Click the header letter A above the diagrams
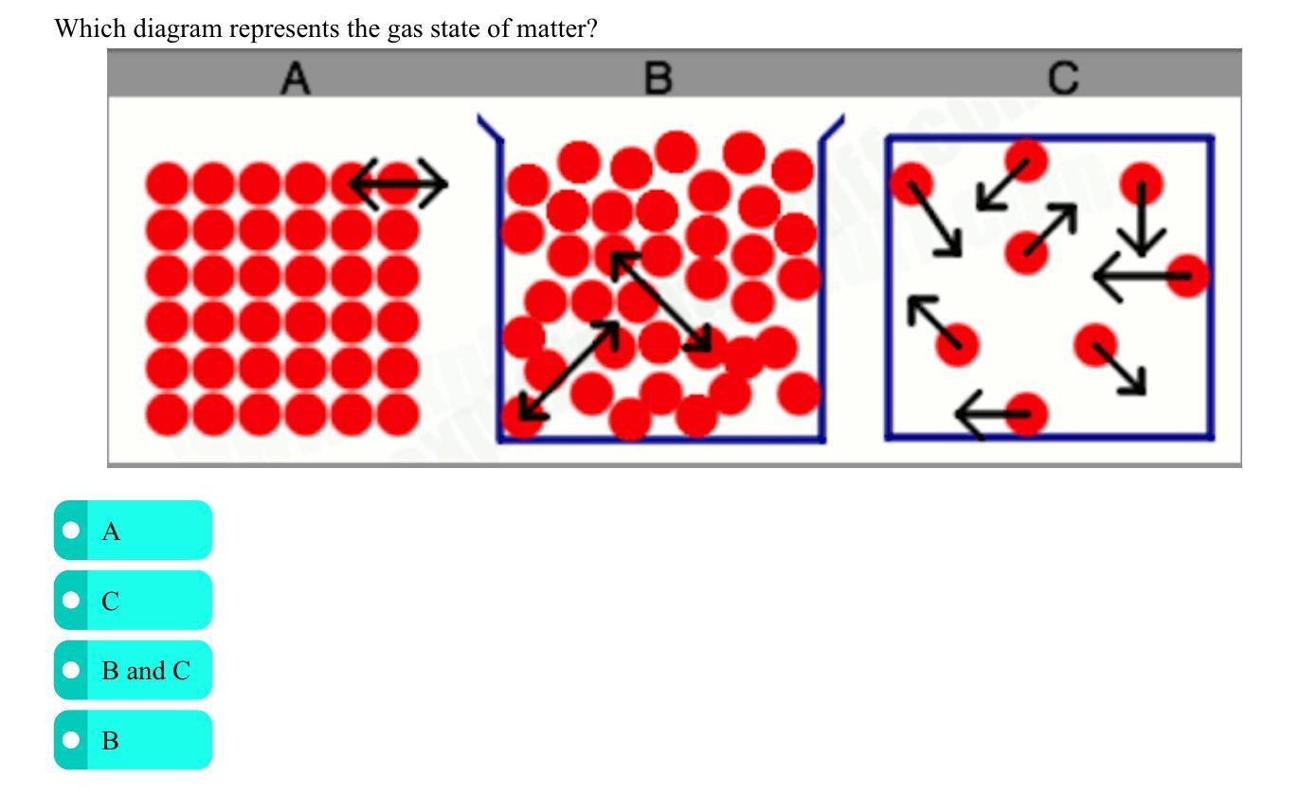point(296,79)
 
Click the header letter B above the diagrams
point(658,78)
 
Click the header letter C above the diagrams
point(1064,78)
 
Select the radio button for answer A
point(70,531)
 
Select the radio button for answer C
point(70,601)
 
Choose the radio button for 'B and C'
point(70,671)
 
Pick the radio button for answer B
point(70,740)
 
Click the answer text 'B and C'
point(146,671)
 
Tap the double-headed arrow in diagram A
point(398,182)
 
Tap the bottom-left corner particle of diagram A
point(167,414)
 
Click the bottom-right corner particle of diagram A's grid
point(398,414)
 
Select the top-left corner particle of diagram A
point(167,182)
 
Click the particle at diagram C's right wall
point(1188,276)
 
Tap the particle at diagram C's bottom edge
point(1026,414)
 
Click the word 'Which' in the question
point(89,28)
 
